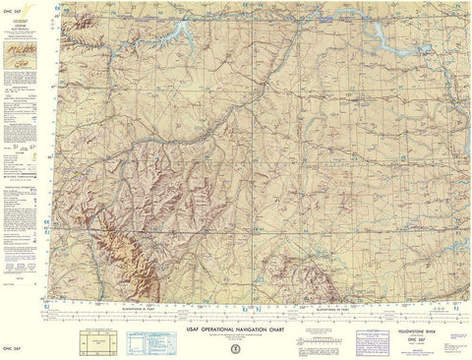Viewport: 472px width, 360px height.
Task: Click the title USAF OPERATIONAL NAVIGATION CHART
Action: pyautogui.click(x=235, y=313)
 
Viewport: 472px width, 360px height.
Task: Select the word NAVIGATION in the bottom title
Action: pyautogui.click(x=253, y=313)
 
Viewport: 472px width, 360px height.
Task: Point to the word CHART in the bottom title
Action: pyautogui.click(x=289, y=313)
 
